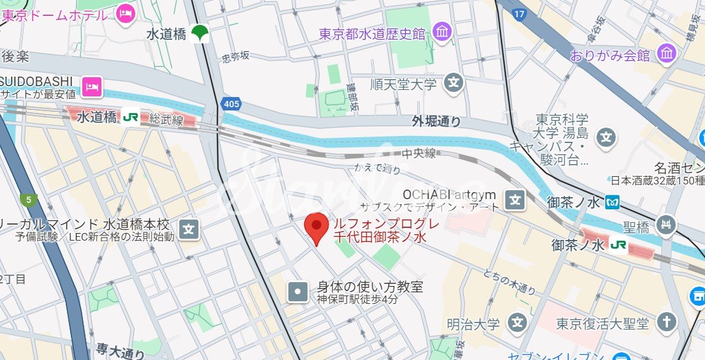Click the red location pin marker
click(316, 227)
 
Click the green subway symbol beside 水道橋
click(200, 33)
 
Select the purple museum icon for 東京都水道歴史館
click(442, 31)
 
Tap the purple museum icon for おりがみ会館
click(667, 54)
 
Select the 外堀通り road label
click(436, 121)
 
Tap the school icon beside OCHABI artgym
click(515, 200)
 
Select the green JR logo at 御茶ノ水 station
click(618, 244)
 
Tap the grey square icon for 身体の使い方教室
click(297, 292)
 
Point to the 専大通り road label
click(121, 350)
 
